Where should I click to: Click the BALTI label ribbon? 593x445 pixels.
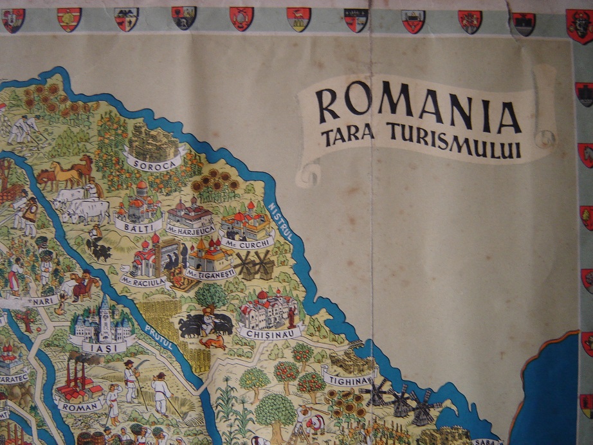pos(131,226)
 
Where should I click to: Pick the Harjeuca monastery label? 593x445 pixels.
pos(190,228)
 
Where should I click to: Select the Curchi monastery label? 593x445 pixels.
pos(247,242)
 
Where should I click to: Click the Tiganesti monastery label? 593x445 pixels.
pos(210,273)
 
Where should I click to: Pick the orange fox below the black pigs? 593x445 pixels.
pos(212,341)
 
